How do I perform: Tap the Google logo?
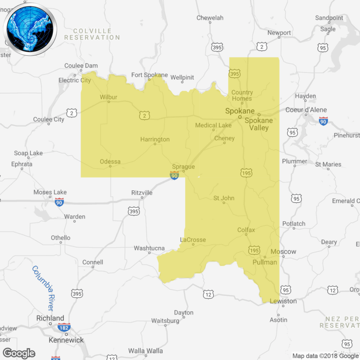pyautogui.click(x=19, y=353)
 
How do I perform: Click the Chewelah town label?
pyautogui.click(x=210, y=18)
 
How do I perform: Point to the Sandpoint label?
pyautogui.click(x=329, y=18)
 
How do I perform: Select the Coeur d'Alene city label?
pyautogui.click(x=306, y=110)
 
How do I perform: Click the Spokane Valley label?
pyautogui.click(x=259, y=124)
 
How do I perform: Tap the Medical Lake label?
pyautogui.click(x=213, y=125)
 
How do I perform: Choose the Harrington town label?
pyautogui.click(x=155, y=139)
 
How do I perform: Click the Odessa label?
pyautogui.click(x=110, y=162)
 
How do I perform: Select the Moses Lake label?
pyautogui.click(x=50, y=192)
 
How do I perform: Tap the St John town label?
pyautogui.click(x=224, y=198)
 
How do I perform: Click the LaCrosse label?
pyautogui.click(x=193, y=240)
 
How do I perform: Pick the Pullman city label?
pyautogui.click(x=264, y=262)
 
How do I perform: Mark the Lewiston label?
pyautogui.click(x=283, y=301)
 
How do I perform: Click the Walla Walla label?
pyautogui.click(x=146, y=351)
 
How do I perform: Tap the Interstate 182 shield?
pyautogui.click(x=64, y=327)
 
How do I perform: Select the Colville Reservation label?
pyautogui.click(x=92, y=34)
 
